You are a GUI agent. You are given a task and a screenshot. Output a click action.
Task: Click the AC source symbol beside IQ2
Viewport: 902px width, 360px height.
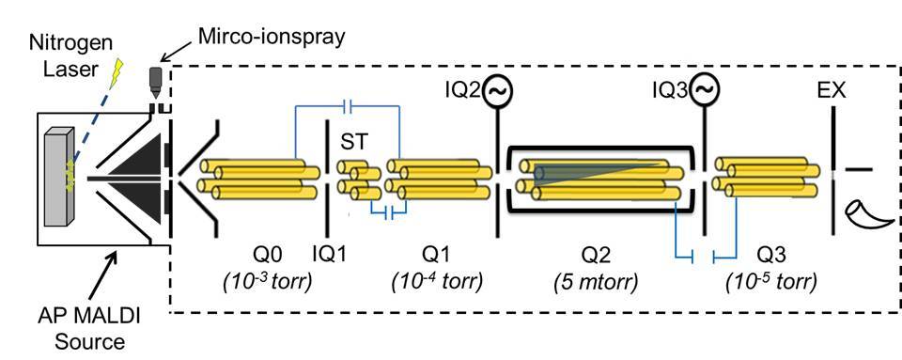[498, 91]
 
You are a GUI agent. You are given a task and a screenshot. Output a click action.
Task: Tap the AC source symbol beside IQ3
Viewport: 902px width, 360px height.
[706, 90]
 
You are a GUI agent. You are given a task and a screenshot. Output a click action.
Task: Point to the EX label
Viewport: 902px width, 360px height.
[832, 91]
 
